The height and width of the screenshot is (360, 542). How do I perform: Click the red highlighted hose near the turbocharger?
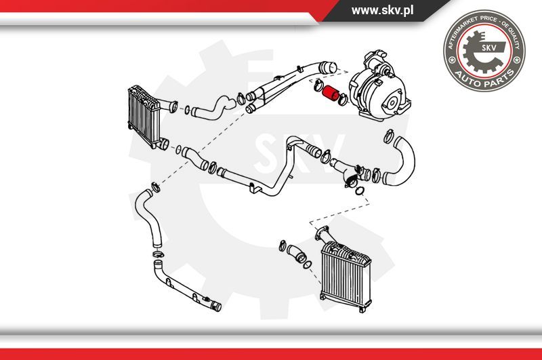(330, 94)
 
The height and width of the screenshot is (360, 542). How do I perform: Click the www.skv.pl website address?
(382, 10)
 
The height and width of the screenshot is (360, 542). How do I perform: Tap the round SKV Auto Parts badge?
(484, 50)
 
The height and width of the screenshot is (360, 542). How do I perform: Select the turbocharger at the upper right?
(379, 87)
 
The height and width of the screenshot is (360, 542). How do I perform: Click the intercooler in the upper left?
(144, 117)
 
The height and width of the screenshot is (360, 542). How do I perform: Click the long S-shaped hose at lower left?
(148, 218)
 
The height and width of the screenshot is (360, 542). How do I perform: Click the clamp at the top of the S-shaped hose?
(156, 186)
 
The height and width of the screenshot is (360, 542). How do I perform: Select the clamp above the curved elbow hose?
(389, 136)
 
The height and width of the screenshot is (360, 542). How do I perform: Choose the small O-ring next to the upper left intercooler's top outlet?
(187, 110)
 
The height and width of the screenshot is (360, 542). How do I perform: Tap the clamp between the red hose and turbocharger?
(343, 100)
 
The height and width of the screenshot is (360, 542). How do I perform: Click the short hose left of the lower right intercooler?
(296, 254)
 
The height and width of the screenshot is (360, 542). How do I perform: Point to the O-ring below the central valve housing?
(360, 191)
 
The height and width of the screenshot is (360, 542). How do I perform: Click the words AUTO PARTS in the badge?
(484, 79)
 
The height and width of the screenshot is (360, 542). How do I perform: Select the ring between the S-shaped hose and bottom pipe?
(159, 255)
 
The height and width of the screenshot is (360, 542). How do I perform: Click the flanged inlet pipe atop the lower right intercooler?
(326, 236)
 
